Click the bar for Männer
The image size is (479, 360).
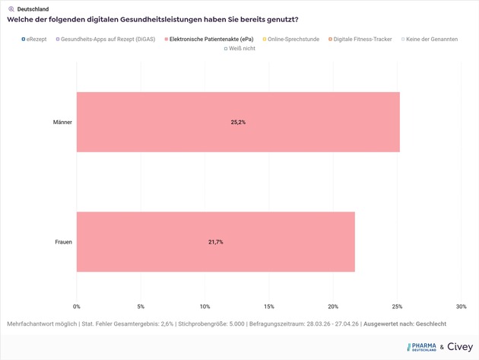pyautogui.click(x=238, y=122)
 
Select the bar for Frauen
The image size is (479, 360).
pyautogui.click(x=215, y=242)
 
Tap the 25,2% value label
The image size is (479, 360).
pyautogui.click(x=238, y=122)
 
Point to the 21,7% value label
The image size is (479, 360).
pyautogui.click(x=216, y=242)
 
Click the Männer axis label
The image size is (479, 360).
pyautogui.click(x=62, y=122)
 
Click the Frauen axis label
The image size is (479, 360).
pyautogui.click(x=63, y=242)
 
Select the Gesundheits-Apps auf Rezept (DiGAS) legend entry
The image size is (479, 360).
pyautogui.click(x=107, y=39)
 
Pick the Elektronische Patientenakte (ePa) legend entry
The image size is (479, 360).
pyautogui.click(x=211, y=39)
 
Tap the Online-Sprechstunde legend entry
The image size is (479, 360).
pyautogui.click(x=293, y=39)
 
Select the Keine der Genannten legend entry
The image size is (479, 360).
pyautogui.click(x=431, y=39)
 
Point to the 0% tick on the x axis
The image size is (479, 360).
pyautogui.click(x=77, y=307)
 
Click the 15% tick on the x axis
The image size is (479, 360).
pyautogui.click(x=268, y=307)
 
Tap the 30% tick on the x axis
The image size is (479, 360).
pyautogui.click(x=461, y=307)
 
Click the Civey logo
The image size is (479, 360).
pyautogui.click(x=459, y=347)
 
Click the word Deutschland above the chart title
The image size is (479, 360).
pyautogui.click(x=32, y=9)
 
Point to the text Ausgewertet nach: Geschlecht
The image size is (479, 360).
pyautogui.click(x=404, y=324)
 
